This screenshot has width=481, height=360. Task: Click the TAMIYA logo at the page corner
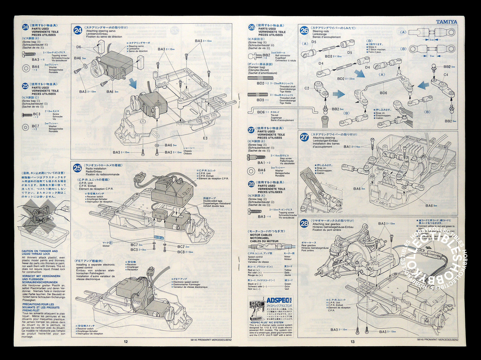pos(446,22)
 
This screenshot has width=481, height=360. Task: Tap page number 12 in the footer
pos(125,341)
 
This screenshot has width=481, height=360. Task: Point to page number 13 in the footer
pos(353,341)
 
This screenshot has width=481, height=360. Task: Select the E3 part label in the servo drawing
pos(205,138)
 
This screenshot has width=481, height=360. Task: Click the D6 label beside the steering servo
pos(79,47)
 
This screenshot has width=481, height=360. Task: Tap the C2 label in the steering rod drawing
pos(307,88)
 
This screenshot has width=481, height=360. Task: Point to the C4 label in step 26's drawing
pos(446,75)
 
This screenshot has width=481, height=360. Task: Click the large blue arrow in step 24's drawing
pos(132,83)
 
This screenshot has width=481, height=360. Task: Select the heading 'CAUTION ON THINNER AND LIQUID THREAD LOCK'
pos(40,252)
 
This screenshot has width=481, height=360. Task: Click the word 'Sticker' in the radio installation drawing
pos(106,246)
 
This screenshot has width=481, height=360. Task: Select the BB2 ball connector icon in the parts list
pos(254,56)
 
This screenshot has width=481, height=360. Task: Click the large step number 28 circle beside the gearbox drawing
pos(304,223)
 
